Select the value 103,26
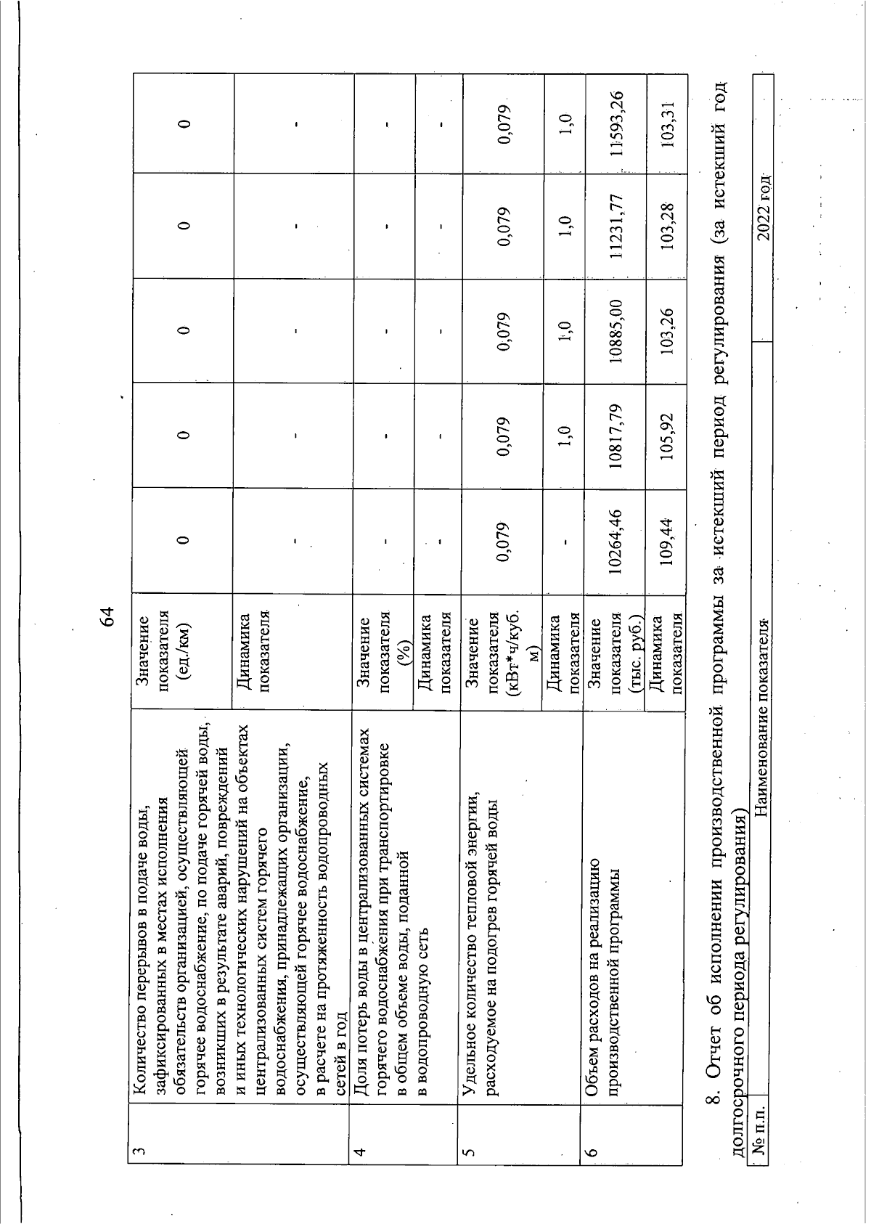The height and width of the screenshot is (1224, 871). point(666,330)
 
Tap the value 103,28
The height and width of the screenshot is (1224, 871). point(666,227)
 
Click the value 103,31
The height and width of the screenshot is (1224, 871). point(666,123)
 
